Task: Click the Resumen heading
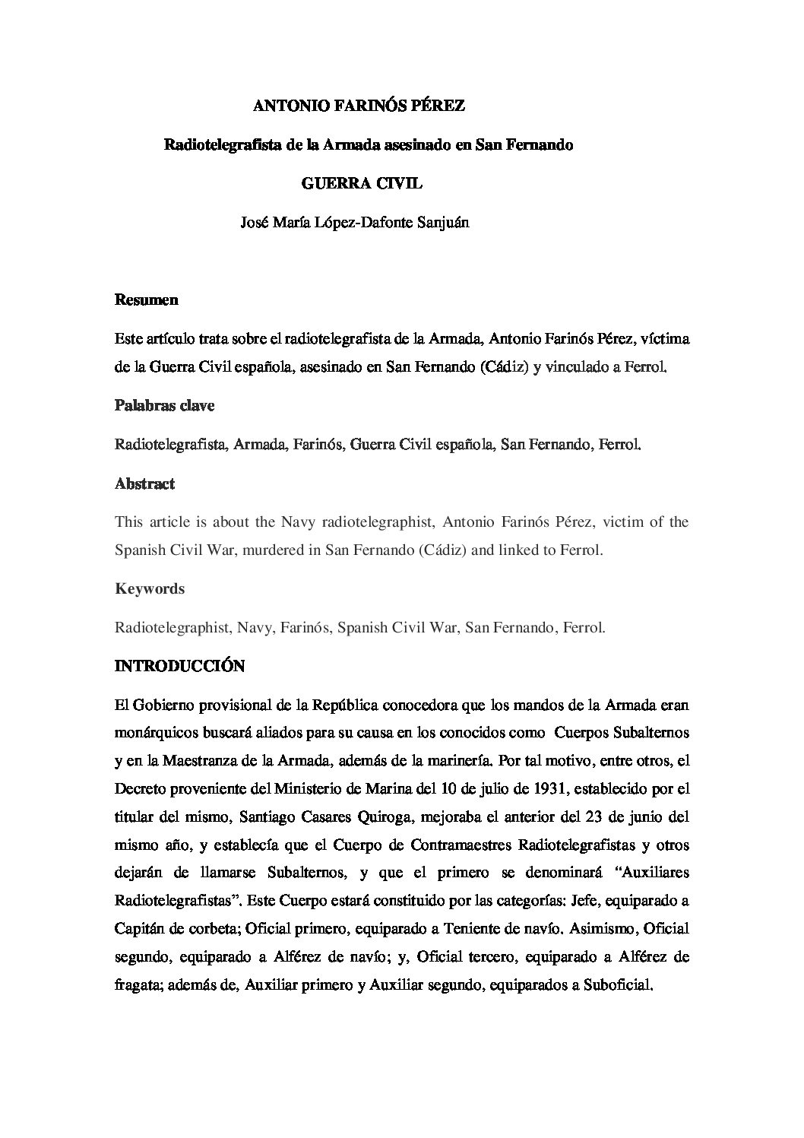pos(146,300)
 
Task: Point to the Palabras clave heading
pos(164,405)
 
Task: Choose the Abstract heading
pos(144,483)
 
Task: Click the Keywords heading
pos(150,588)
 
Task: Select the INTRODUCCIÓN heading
pos(179,666)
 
